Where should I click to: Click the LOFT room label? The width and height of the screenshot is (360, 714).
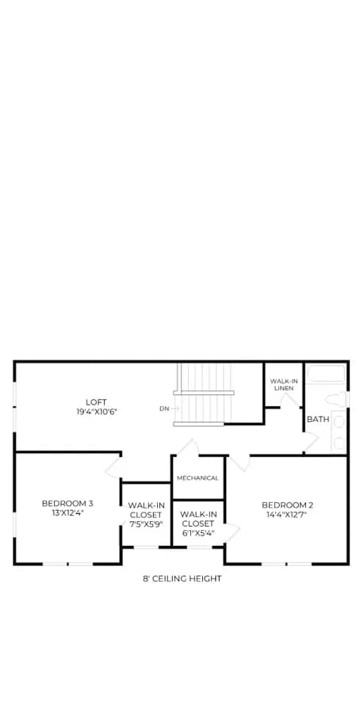pyautogui.click(x=96, y=402)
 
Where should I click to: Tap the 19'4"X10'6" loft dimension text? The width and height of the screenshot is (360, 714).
pyautogui.click(x=96, y=412)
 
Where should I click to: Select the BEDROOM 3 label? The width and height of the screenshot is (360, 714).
pyautogui.click(x=67, y=503)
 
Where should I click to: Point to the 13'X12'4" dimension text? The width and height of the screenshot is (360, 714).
pyautogui.click(x=67, y=512)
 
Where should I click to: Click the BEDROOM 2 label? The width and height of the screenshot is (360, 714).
pyautogui.click(x=287, y=505)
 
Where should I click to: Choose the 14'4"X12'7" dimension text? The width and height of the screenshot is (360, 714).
pyautogui.click(x=287, y=515)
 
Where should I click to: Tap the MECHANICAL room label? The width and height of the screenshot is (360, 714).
pyautogui.click(x=197, y=478)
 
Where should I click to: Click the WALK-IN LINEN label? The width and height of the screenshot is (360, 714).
pyautogui.click(x=281, y=385)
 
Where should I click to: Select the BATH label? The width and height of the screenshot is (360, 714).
pyautogui.click(x=318, y=420)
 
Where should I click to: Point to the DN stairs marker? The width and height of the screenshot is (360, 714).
pyautogui.click(x=164, y=409)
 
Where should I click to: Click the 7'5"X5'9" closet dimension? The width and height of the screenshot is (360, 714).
pyautogui.click(x=146, y=524)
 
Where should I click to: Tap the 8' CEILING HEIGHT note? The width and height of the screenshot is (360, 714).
pyautogui.click(x=182, y=579)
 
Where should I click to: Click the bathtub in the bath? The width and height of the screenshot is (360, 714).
pyautogui.click(x=327, y=374)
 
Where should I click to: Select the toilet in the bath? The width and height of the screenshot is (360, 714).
pyautogui.click(x=337, y=400)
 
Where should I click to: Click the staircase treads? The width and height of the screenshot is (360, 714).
pyautogui.click(x=205, y=394)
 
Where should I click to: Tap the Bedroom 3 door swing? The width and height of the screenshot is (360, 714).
pyautogui.click(x=113, y=466)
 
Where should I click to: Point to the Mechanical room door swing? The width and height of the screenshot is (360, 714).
pyautogui.click(x=187, y=447)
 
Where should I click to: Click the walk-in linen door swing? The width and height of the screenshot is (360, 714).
pyautogui.click(x=289, y=400)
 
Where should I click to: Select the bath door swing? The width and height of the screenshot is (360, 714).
pyautogui.click(x=311, y=442)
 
